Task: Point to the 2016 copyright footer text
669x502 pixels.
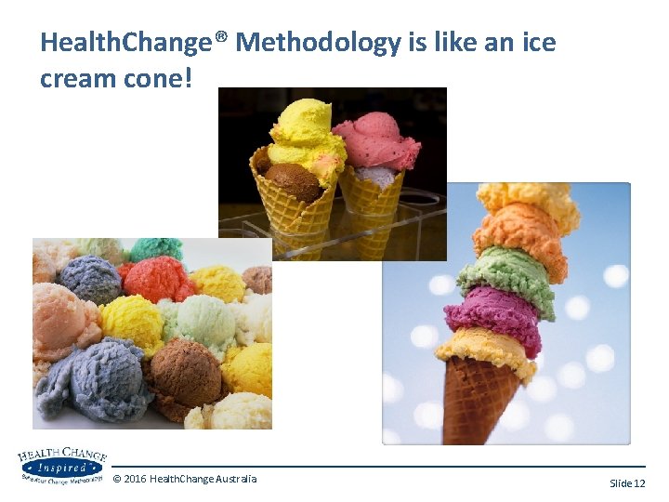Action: tap(184, 479)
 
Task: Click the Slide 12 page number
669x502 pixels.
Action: tap(626, 483)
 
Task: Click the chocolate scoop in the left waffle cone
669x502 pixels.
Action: tap(292, 180)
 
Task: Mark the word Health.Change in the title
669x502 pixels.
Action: tap(133, 42)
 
